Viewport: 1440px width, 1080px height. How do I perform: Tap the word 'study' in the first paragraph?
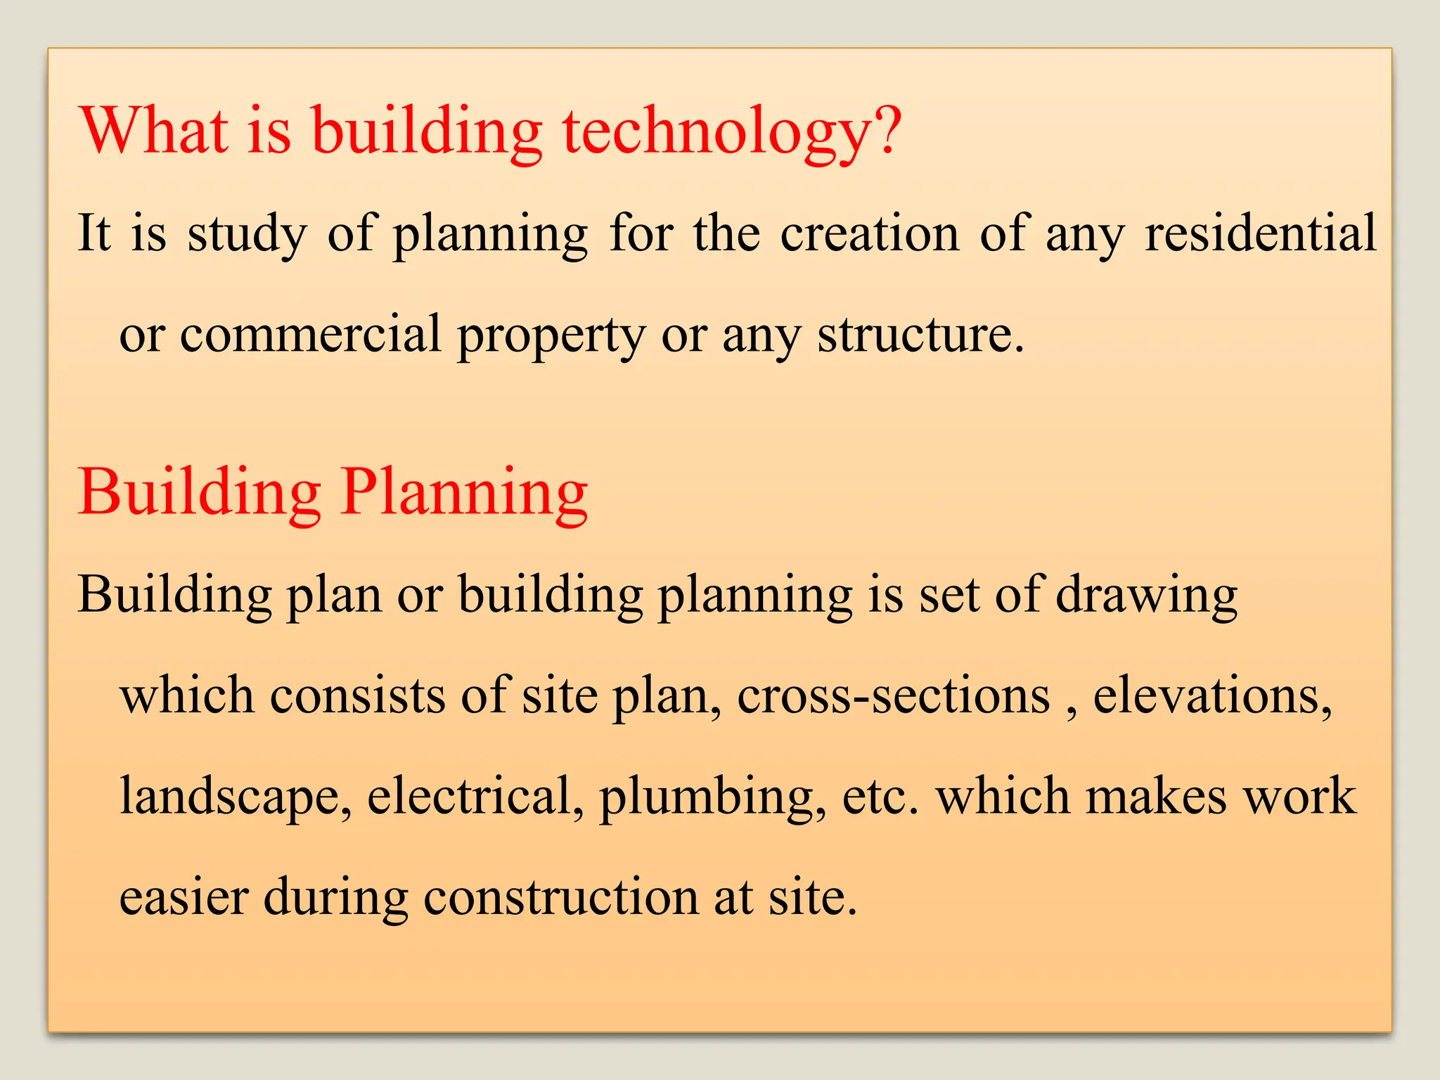point(247,235)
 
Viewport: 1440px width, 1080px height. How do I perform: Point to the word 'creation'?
point(869,233)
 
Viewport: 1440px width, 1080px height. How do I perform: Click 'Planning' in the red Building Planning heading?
point(464,494)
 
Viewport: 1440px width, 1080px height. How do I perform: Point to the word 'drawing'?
point(1146,596)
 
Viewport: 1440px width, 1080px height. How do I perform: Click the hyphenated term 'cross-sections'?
point(893,695)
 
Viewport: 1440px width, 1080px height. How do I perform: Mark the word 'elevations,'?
point(1212,695)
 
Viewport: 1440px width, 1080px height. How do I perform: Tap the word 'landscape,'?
point(236,797)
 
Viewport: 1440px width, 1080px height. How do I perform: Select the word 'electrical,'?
point(475,796)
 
